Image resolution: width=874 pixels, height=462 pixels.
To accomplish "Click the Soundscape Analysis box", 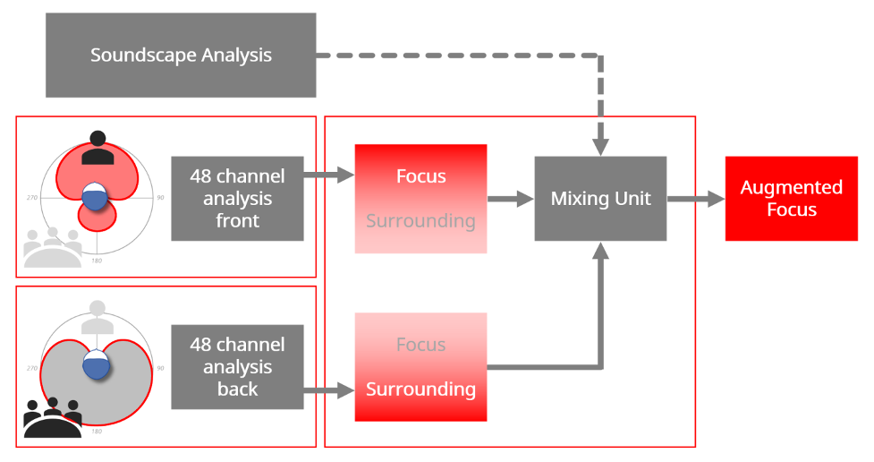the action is tap(181, 56).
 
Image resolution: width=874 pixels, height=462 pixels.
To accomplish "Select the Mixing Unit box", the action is tap(600, 199).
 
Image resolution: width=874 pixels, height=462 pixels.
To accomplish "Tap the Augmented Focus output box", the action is tap(791, 199).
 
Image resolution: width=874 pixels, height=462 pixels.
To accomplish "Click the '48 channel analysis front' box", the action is tap(237, 199).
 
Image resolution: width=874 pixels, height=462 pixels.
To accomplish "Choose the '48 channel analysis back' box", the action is tap(237, 366).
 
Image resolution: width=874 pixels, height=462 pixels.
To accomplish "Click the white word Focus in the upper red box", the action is tap(420, 176).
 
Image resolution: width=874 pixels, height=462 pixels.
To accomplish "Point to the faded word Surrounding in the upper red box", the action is tap(420, 221).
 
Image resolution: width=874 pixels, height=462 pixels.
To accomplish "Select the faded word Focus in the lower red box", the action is tap(420, 345).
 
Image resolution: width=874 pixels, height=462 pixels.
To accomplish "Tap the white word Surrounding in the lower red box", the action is tap(420, 389).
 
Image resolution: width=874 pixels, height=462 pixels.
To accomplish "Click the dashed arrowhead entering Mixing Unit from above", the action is tap(600, 147).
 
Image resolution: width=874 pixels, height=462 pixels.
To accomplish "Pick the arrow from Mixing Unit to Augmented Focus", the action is tap(696, 199).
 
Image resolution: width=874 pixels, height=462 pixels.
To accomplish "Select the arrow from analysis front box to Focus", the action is tap(329, 175).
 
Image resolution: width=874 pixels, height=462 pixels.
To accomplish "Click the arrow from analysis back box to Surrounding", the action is tap(329, 389).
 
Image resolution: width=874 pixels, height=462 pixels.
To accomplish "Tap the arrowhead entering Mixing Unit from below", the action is tap(600, 251).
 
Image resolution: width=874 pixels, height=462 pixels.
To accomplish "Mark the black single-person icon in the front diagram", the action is tap(98, 148).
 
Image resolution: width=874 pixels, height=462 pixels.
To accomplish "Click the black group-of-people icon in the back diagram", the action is tap(53, 417).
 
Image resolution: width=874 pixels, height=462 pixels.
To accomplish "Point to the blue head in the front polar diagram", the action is tap(95, 196).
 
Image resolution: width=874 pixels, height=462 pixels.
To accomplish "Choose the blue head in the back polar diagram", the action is tap(96, 364).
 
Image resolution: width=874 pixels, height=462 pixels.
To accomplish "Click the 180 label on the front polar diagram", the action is tap(97, 261).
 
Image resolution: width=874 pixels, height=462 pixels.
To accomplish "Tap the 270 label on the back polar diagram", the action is tap(32, 368).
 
